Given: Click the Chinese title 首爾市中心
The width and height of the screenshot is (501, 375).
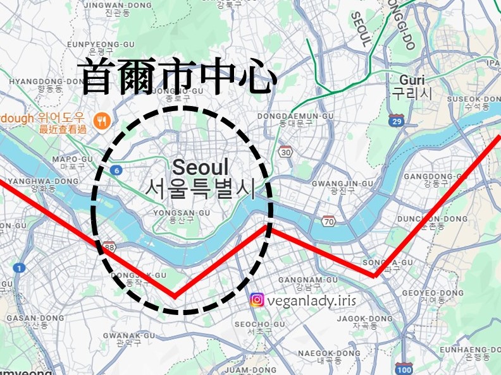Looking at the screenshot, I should coord(180,77).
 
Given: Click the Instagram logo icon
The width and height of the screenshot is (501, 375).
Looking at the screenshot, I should coord(257,301).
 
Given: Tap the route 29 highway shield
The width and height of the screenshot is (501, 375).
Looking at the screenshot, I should coord(397,120).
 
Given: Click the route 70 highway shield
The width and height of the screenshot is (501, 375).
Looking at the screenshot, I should coord(328,220).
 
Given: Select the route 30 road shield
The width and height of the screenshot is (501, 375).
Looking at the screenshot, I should coord(286,152).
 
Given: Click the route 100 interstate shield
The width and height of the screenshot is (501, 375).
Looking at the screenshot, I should coord(404,368).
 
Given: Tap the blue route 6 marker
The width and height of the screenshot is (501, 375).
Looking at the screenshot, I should coord(115,170).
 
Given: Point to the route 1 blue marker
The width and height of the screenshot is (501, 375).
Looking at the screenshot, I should coord(20,268).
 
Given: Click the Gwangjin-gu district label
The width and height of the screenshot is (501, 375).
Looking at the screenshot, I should coord(342,186).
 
